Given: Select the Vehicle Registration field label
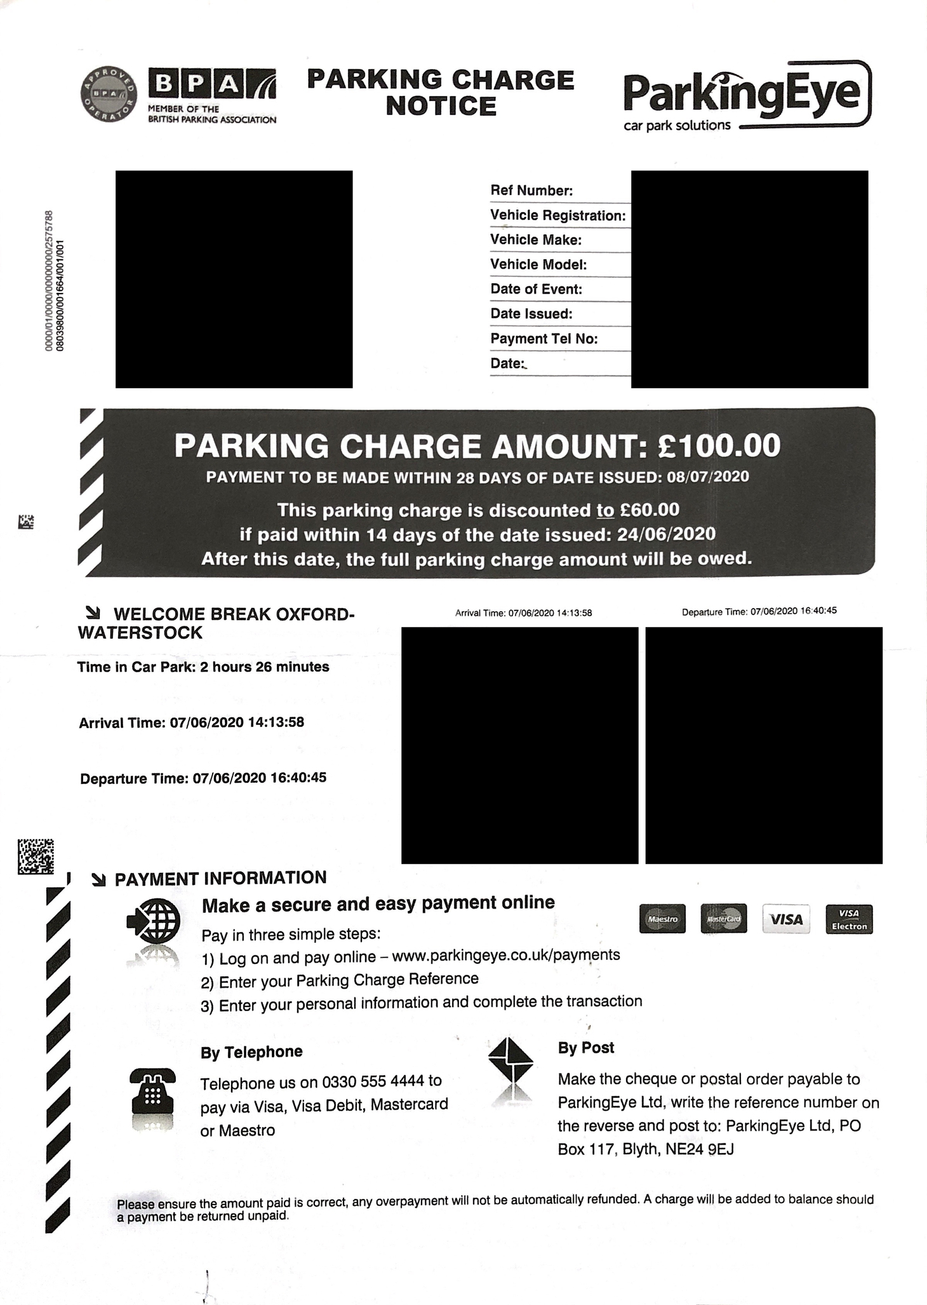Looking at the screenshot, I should (x=557, y=215).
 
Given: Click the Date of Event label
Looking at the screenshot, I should (x=536, y=289).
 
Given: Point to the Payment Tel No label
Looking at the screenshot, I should (x=544, y=339).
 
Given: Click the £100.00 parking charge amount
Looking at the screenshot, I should (x=719, y=445).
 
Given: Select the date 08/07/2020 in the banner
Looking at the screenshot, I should (x=707, y=477).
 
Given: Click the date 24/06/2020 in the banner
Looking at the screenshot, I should (x=666, y=534).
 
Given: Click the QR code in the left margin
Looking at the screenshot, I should (x=36, y=856).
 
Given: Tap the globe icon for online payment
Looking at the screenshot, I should (x=154, y=920).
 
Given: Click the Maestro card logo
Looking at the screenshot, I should (x=662, y=919).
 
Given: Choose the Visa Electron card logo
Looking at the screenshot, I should (x=849, y=919).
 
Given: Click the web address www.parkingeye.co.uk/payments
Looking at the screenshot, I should (x=506, y=955).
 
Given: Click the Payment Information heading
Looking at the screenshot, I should (x=220, y=878).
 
